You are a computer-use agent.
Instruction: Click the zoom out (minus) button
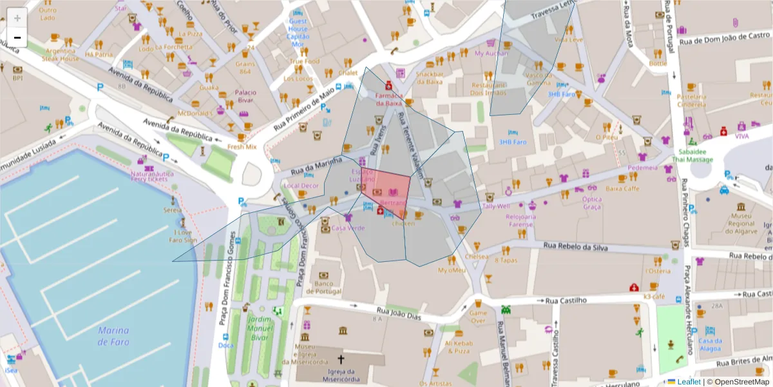pyautogui.click(x=17, y=38)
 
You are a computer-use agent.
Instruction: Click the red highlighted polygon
pyautogui.click(x=387, y=190)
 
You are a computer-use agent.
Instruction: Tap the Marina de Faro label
pyautogui.click(x=113, y=336)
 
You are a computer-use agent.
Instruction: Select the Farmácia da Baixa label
pyautogui.click(x=389, y=99)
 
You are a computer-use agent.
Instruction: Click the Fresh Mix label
pyautogui.click(x=242, y=146)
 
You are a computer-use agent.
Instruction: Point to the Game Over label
pyautogui.click(x=477, y=316)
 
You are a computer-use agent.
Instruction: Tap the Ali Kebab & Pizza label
pyautogui.click(x=458, y=347)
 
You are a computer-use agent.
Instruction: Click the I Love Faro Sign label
pyautogui.click(x=182, y=236)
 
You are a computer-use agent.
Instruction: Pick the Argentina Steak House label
pyautogui.click(x=61, y=54)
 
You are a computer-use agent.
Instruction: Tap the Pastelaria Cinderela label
pyautogui.click(x=691, y=101)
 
